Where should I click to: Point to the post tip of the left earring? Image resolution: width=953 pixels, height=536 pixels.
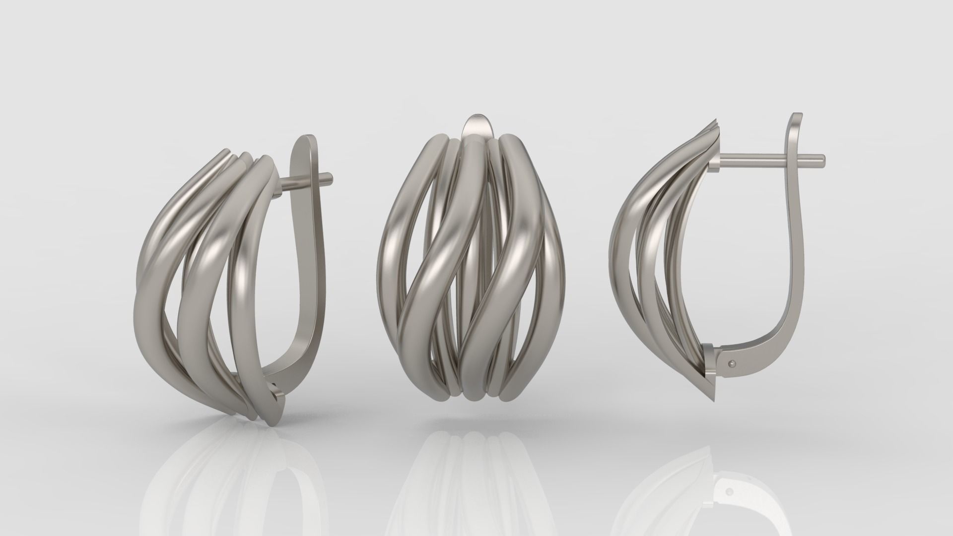pyautogui.click(x=330, y=176)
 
